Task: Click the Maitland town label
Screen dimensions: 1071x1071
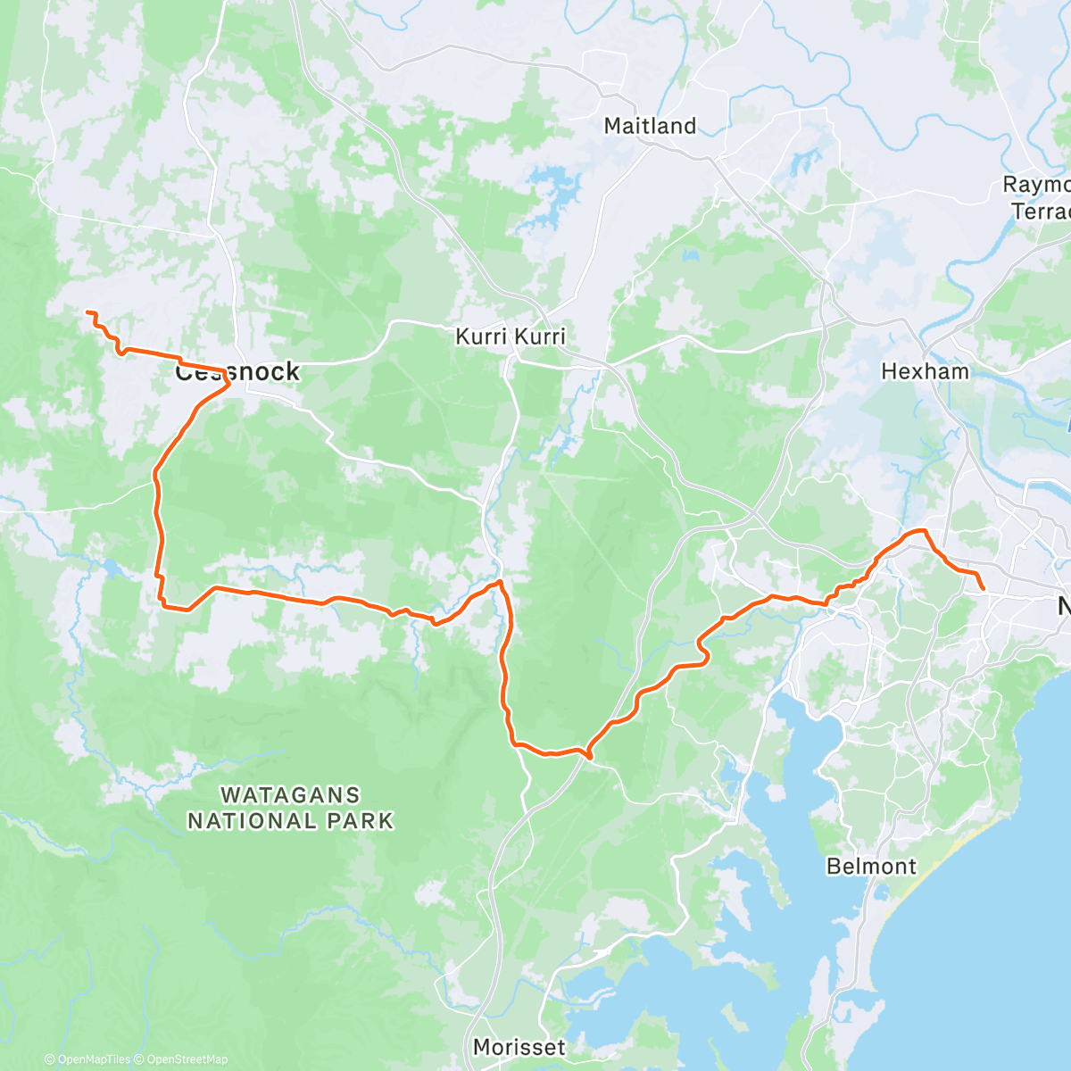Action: click(650, 126)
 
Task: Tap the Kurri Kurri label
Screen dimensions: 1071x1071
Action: click(510, 336)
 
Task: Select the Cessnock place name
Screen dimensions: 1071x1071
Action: click(237, 372)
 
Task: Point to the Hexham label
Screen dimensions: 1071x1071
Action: click(925, 371)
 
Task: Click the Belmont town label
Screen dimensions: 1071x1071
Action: click(871, 866)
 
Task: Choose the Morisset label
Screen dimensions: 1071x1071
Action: click(519, 1047)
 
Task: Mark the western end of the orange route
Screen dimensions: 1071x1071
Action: click(87, 311)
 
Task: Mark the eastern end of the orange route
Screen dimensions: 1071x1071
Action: click(983, 589)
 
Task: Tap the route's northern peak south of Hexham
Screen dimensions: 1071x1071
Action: click(917, 532)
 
